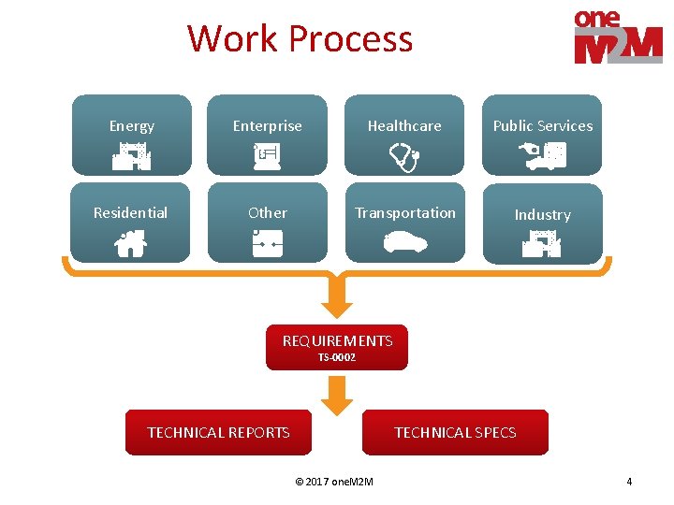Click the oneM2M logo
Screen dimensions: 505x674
(x=617, y=36)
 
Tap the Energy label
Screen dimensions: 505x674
(x=131, y=125)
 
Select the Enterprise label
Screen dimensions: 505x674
(x=268, y=125)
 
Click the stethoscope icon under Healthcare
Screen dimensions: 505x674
(x=405, y=157)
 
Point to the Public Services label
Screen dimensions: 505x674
(x=543, y=125)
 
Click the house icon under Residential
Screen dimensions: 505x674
(x=131, y=244)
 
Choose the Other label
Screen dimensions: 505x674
(x=268, y=212)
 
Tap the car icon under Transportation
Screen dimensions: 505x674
(x=405, y=243)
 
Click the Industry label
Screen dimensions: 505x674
(x=542, y=214)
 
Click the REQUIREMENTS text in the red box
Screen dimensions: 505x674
(x=338, y=339)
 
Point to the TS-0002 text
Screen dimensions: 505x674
(x=337, y=357)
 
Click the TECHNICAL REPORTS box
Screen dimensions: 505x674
(x=219, y=432)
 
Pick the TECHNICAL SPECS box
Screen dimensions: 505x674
(x=455, y=432)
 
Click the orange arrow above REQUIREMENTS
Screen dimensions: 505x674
(x=337, y=298)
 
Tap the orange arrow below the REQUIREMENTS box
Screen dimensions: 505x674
(x=337, y=397)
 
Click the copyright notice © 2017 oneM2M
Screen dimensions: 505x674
(x=334, y=482)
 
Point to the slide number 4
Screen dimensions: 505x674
(x=629, y=482)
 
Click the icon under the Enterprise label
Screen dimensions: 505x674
(x=268, y=155)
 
